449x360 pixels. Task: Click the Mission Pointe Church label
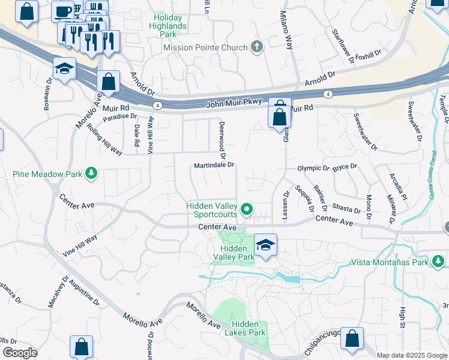(205, 47)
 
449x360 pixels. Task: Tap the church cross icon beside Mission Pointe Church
(258, 47)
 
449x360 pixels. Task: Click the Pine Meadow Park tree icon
(91, 174)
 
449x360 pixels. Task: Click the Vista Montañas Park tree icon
(439, 262)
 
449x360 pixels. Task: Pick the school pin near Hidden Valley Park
(265, 245)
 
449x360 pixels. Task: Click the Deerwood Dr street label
(221, 135)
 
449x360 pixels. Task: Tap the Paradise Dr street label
(119, 117)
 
